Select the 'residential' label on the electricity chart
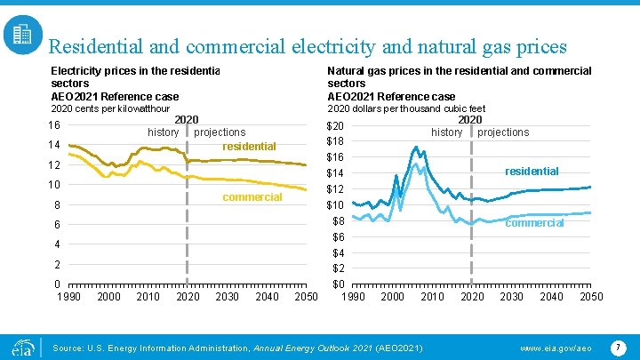pyautogui.click(x=249, y=146)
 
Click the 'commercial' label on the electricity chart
pyautogui.click(x=252, y=196)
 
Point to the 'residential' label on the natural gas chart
pyautogui.click(x=532, y=171)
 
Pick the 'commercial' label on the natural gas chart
pyautogui.click(x=534, y=223)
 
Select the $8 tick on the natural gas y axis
pyautogui.click(x=339, y=220)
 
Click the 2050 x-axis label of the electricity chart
pyautogui.click(x=306, y=296)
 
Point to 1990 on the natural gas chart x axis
pyautogui.click(x=353, y=296)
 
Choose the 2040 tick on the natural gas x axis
pyautogui.click(x=551, y=296)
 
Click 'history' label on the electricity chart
pyautogui.click(x=163, y=132)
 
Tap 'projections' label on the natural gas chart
pyautogui.click(x=503, y=132)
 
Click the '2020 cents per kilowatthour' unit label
pyautogui.click(x=109, y=108)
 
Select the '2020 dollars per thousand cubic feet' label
pyautogui.click(x=406, y=108)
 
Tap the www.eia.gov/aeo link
pyautogui.click(x=549, y=345)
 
